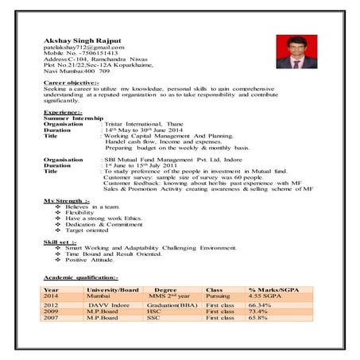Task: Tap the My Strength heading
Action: click(x=67, y=199)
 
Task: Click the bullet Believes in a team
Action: click(x=93, y=206)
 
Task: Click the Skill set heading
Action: click(x=60, y=242)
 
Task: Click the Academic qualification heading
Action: click(x=80, y=277)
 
